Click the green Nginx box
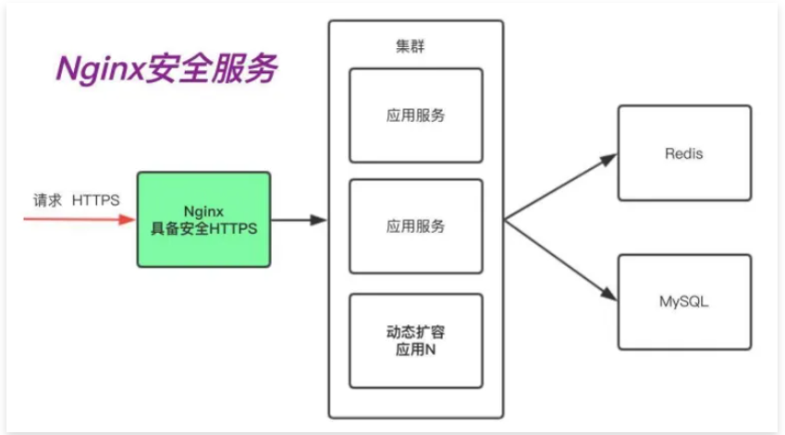[x=204, y=219]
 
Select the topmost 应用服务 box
[x=416, y=115]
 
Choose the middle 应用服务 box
[x=416, y=225]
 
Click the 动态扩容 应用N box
[x=416, y=340]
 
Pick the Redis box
[x=684, y=153]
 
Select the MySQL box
[x=684, y=302]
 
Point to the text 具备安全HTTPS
[x=204, y=230]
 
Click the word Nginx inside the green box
[x=204, y=211]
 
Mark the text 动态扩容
[x=416, y=332]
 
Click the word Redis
[x=684, y=153]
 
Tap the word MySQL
[x=684, y=302]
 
